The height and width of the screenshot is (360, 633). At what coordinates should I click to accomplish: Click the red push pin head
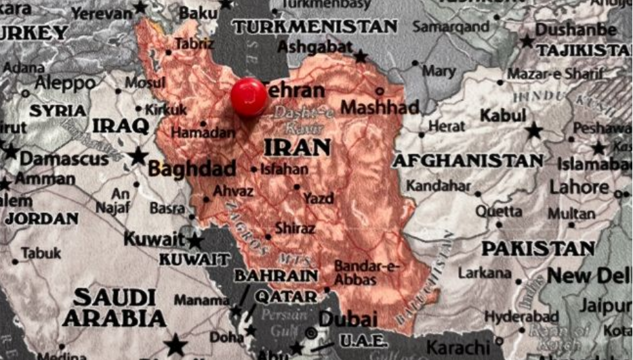coord(249,96)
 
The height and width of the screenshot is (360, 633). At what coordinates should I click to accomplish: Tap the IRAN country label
coord(297,147)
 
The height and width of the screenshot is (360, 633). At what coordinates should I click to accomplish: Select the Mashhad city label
coord(380,107)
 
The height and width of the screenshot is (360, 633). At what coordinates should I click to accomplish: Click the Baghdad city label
coord(192,168)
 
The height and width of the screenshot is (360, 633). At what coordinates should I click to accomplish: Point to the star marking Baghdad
coord(138,156)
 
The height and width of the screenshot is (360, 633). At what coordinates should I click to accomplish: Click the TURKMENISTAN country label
coord(314,26)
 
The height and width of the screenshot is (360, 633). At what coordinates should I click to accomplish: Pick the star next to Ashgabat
coord(361,56)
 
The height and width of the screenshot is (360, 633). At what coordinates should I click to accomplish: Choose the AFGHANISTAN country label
coord(468,161)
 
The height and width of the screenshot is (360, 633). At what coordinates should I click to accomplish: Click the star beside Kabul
coord(534,130)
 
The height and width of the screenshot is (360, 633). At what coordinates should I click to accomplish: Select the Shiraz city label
coord(295,228)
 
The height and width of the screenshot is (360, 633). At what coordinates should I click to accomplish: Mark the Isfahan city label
coord(284,169)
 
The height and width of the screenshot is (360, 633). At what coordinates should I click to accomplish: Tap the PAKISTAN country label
coord(537,248)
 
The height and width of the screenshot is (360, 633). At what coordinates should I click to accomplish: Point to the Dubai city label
coord(348,319)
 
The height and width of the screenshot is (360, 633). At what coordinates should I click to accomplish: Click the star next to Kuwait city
coord(195,241)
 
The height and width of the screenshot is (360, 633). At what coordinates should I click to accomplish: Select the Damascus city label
coord(64,159)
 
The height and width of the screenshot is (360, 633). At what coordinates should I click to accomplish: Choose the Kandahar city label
coord(438,186)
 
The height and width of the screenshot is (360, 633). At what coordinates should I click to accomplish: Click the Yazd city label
coord(319,198)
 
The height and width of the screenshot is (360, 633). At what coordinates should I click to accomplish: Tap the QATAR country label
coord(286,297)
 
